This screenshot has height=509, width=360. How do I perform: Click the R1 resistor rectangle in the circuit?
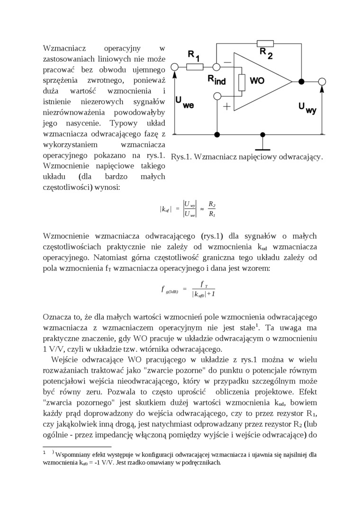point(194,67)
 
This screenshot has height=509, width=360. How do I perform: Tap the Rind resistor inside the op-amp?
point(242,82)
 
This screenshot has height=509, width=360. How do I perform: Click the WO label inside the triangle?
point(257,81)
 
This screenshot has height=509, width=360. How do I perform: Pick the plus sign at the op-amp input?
point(227,107)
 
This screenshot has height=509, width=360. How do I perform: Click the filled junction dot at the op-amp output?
point(301,81)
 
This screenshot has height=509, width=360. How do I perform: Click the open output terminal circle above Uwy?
point(322,81)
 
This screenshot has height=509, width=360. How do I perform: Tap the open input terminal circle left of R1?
point(175,67)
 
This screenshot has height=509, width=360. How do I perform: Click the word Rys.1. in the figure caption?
point(181,157)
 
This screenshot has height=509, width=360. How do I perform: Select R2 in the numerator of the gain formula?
point(212,205)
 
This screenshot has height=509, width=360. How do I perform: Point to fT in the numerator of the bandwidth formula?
point(202,284)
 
